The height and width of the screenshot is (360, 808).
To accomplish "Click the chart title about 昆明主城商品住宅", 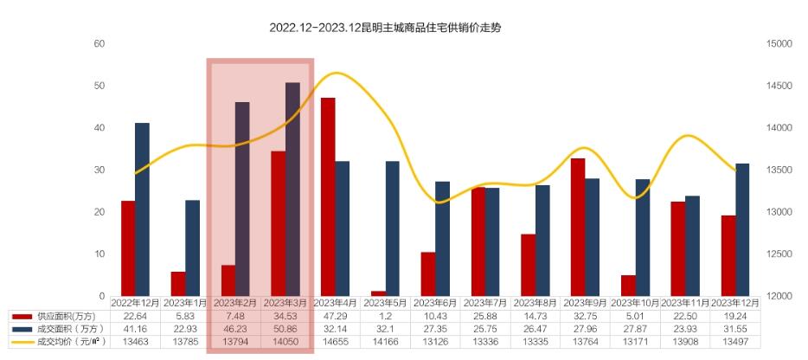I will point(385,28).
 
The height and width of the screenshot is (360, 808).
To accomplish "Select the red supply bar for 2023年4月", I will point(328,196).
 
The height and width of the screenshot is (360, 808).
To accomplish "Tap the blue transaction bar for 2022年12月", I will point(142,209).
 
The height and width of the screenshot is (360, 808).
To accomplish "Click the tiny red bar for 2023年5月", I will point(378,293).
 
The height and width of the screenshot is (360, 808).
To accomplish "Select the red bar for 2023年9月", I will point(578,227).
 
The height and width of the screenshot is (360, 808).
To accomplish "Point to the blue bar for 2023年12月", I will point(742,229).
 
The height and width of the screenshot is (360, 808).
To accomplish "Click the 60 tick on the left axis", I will point(99,44).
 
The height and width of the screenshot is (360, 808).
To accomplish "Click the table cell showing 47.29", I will point(336,316).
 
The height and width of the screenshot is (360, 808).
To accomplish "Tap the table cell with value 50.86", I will point(285,329).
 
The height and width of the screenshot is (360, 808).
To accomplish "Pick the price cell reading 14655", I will point(336,342).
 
